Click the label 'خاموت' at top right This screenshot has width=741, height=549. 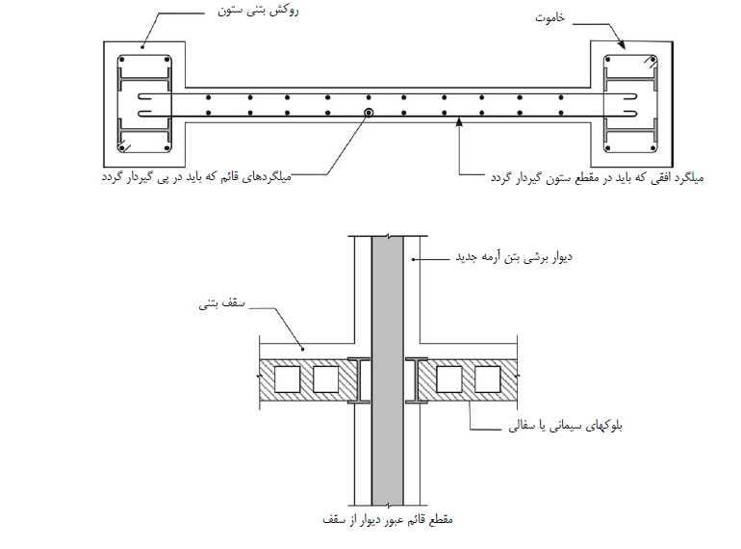coord(549,18)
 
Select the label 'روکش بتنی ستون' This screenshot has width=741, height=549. coord(258,11)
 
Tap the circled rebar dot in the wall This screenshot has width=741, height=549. coord(369,113)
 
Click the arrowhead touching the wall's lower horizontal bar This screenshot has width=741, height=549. coord(458,121)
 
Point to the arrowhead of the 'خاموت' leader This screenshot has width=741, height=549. coord(622,44)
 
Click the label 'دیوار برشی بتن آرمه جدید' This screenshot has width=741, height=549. coord(514,257)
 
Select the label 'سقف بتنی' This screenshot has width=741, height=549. coord(221,303)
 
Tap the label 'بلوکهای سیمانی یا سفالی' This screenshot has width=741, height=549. coord(565,425)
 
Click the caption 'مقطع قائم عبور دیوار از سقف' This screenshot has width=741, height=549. coord(388,519)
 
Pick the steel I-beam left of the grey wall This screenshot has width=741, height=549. coord(359,380)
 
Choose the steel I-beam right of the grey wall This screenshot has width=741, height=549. coord(417,380)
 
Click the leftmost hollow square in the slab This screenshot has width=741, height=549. coord(288,379)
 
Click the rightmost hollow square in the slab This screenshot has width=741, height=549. coord(487,379)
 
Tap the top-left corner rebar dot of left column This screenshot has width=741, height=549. coord(122,60)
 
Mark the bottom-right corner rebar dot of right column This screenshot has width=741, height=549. coord(652,148)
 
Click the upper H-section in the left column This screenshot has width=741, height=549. coord(143,78)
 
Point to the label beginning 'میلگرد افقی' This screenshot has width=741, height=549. coord(597,178)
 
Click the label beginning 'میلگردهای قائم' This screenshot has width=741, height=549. coord(196,177)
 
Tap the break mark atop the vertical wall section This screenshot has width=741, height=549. coord(388,235)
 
